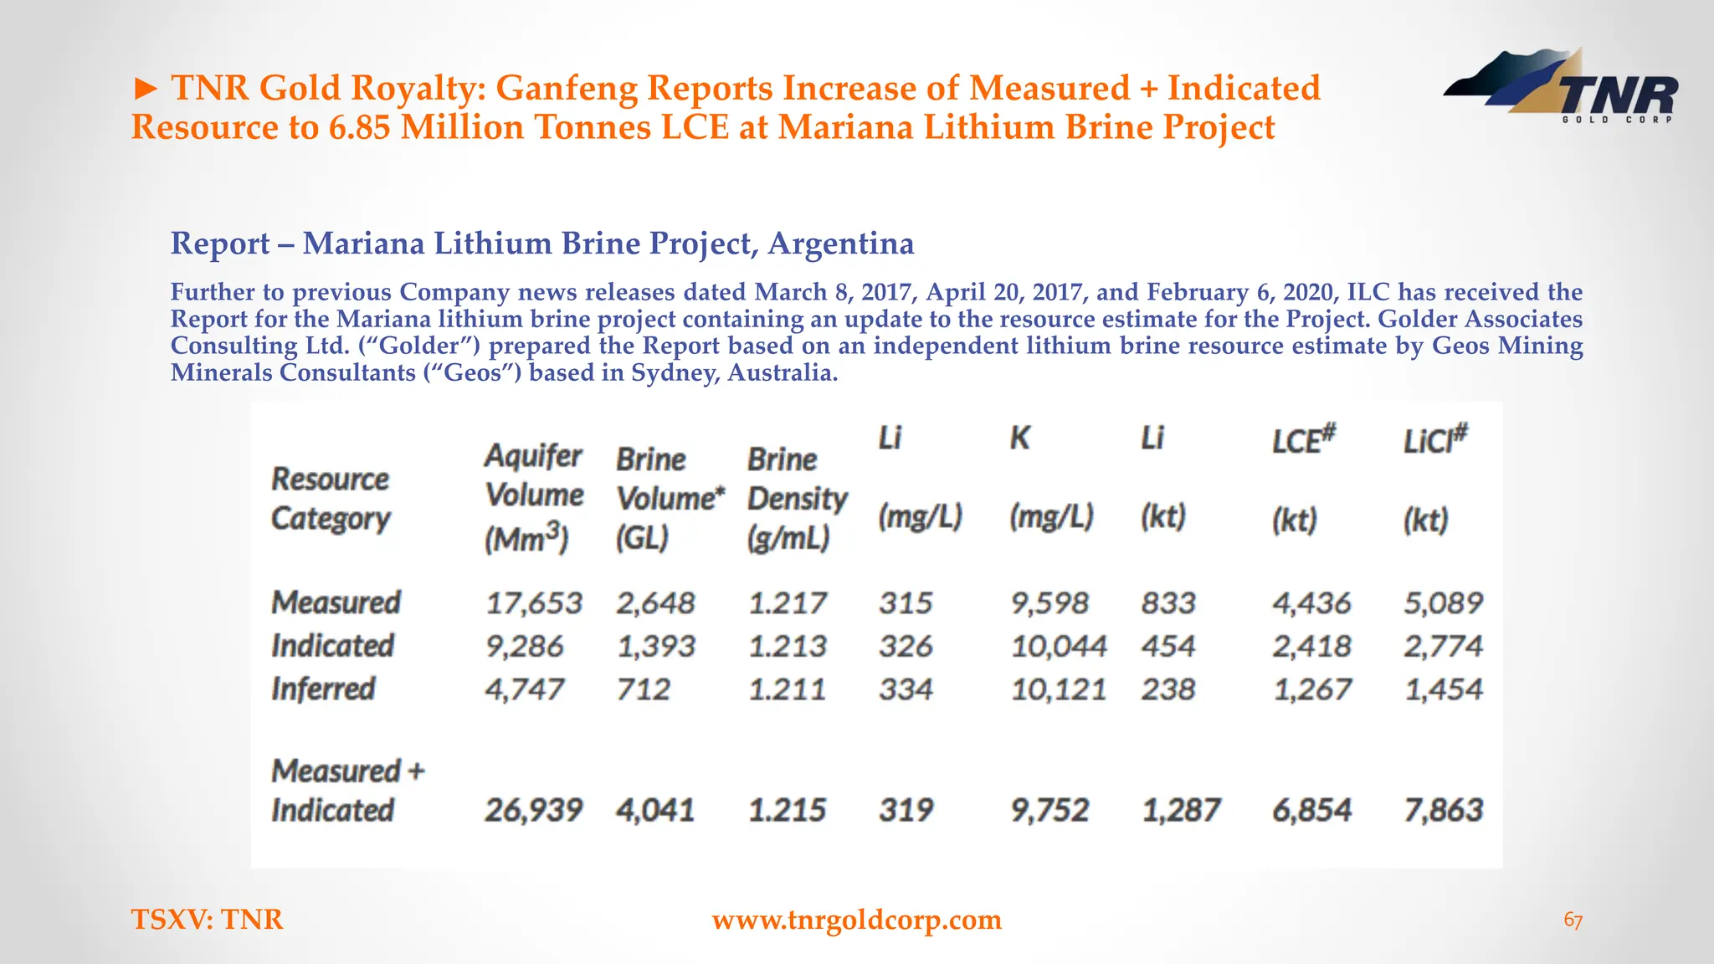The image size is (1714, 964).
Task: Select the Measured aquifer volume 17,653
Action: click(x=533, y=602)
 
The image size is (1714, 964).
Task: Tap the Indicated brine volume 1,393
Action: click(x=655, y=646)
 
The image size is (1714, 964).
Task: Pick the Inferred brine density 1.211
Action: click(x=787, y=690)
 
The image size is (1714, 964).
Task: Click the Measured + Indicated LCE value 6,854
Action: click(x=1311, y=810)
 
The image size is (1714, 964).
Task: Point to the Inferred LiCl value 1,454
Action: click(x=1443, y=690)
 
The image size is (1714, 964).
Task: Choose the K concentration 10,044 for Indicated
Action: click(x=1059, y=646)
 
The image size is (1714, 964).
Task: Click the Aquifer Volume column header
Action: click(x=534, y=496)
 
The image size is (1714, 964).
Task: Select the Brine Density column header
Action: click(x=797, y=499)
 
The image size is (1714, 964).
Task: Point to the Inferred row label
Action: click(x=323, y=690)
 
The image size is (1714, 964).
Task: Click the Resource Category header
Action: click(x=331, y=499)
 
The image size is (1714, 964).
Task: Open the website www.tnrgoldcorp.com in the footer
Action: click(x=856, y=920)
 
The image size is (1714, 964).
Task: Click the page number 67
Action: click(x=1573, y=920)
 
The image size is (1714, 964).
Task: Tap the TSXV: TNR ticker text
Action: click(x=208, y=920)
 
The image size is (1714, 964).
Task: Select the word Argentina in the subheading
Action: click(x=840, y=244)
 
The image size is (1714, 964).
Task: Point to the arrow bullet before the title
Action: click(x=146, y=88)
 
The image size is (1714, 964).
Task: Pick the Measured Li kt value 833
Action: click(x=1168, y=602)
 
